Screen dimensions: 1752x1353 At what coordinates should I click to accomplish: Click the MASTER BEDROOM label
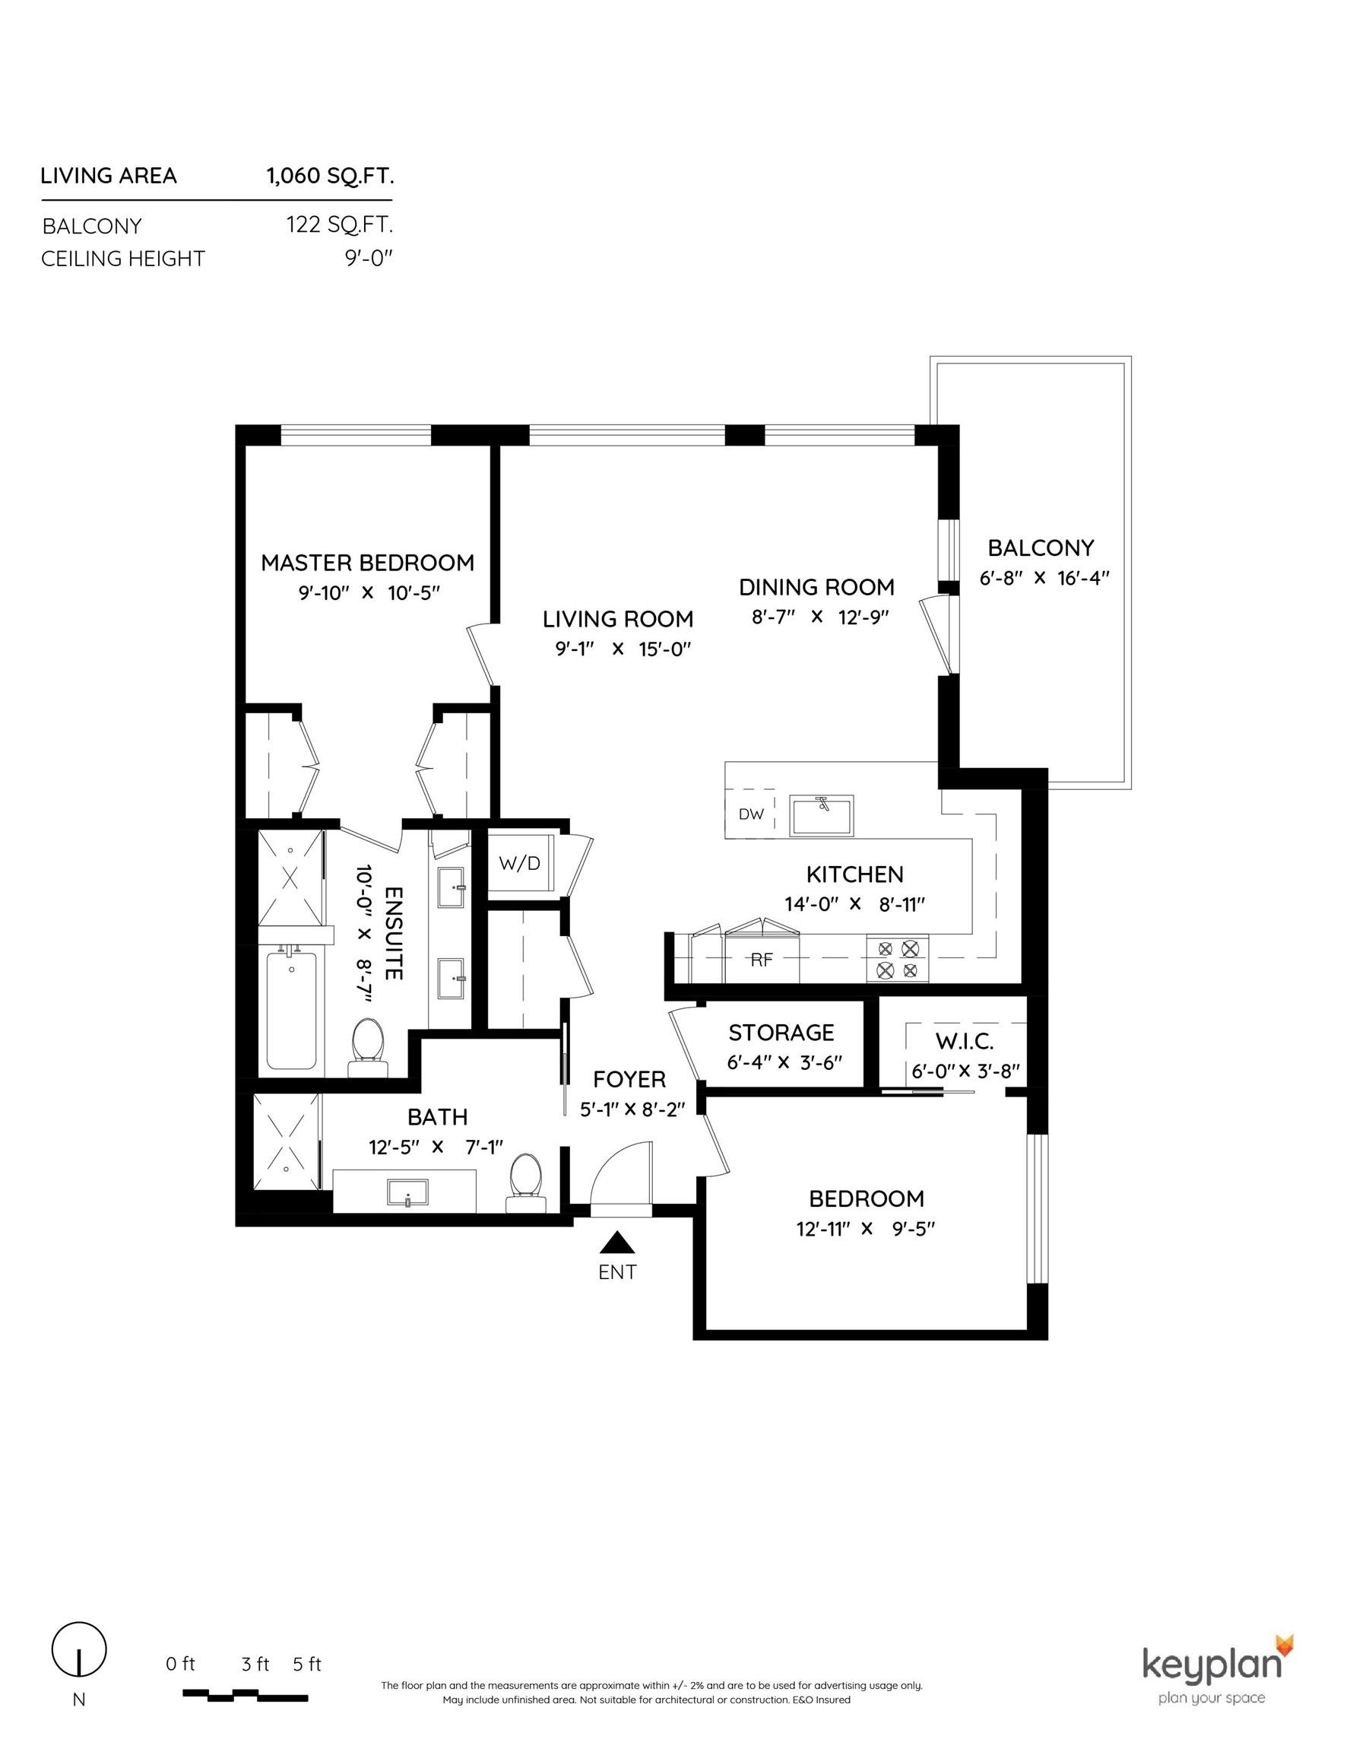pyautogui.click(x=367, y=563)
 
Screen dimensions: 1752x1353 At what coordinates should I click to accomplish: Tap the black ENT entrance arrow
pyautogui.click(x=617, y=1243)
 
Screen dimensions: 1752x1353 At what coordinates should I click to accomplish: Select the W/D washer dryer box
pyautogui.click(x=520, y=863)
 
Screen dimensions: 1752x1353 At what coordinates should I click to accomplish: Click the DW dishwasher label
pyautogui.click(x=751, y=814)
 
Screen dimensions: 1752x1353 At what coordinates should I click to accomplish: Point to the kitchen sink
pyautogui.click(x=820, y=816)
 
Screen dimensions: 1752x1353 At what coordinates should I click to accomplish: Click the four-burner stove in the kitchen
pyautogui.click(x=897, y=960)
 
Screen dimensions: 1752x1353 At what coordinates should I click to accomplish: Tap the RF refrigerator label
pyautogui.click(x=761, y=960)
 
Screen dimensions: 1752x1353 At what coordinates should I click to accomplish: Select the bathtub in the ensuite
pyautogui.click(x=291, y=1009)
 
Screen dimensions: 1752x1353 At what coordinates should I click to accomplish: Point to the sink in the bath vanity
pyautogui.click(x=408, y=1192)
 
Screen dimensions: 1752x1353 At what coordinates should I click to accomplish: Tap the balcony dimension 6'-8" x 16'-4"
pyautogui.click(x=1044, y=578)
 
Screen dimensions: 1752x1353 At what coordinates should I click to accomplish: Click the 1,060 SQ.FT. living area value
pyautogui.click(x=330, y=176)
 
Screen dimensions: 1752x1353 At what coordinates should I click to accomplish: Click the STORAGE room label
pyautogui.click(x=781, y=1032)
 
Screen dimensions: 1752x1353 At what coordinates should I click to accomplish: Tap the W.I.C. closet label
pyautogui.click(x=964, y=1041)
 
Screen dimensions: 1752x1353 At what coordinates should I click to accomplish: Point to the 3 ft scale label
pyautogui.click(x=255, y=1664)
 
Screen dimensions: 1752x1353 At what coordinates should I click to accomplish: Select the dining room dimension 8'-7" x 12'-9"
pyautogui.click(x=816, y=616)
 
